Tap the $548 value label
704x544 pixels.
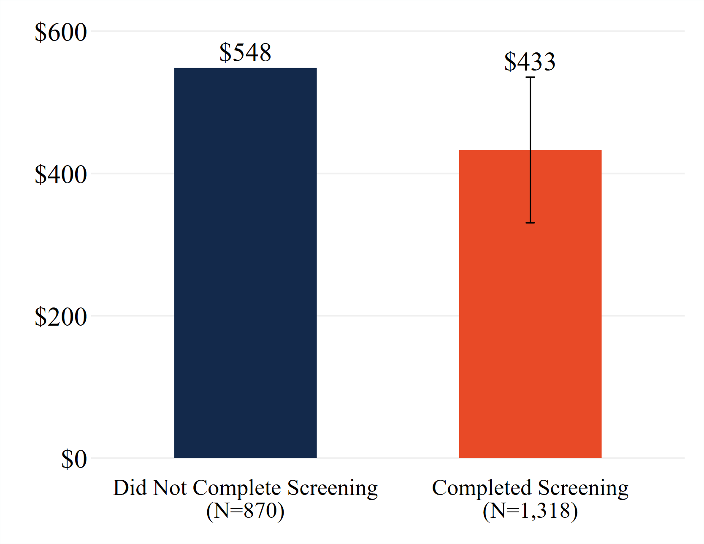pos(245,53)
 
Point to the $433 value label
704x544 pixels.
pos(530,62)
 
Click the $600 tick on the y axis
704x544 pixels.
pos(61,32)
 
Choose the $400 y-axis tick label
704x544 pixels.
pos(61,174)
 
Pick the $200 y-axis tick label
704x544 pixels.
pos(61,317)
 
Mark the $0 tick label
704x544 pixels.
pos(74,459)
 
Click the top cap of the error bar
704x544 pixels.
pos(530,77)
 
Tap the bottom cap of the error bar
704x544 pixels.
pos(530,223)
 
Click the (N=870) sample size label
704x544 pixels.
pos(245,511)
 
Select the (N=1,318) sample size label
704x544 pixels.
pos(530,511)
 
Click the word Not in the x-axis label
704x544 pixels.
pos(169,488)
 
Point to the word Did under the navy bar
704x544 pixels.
pos(128,488)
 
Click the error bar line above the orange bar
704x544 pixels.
pos(530,114)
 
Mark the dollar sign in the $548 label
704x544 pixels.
pos(225,53)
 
